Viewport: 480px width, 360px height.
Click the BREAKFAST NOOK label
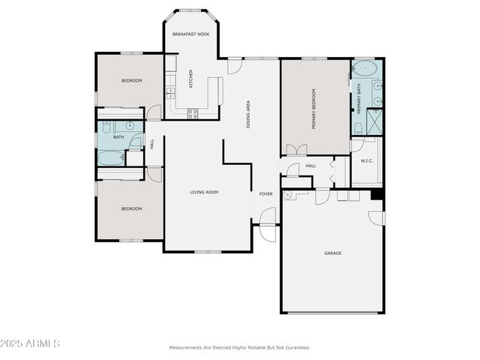(x=190, y=34)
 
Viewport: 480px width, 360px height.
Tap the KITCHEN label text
(x=190, y=79)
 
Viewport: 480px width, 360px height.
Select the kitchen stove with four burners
(x=193, y=114)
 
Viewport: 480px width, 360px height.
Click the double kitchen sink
(x=171, y=94)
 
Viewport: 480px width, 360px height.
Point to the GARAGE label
(x=333, y=253)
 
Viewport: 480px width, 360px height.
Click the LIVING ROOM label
(x=203, y=193)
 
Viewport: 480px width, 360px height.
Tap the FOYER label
(x=266, y=194)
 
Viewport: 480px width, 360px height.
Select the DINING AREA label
(x=248, y=114)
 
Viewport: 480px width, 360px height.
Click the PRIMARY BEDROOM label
(x=313, y=109)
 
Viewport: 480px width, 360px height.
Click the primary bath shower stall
(x=373, y=121)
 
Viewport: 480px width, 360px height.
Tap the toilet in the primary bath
(x=358, y=129)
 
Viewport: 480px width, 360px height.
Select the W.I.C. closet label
(x=367, y=160)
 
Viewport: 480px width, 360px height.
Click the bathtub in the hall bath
(x=111, y=158)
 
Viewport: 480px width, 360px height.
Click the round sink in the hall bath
(x=130, y=125)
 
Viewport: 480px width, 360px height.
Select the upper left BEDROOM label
(x=132, y=81)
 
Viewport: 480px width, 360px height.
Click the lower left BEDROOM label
(x=131, y=209)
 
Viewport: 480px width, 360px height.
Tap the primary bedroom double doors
(x=296, y=150)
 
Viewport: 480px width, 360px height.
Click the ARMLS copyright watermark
(x=31, y=343)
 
